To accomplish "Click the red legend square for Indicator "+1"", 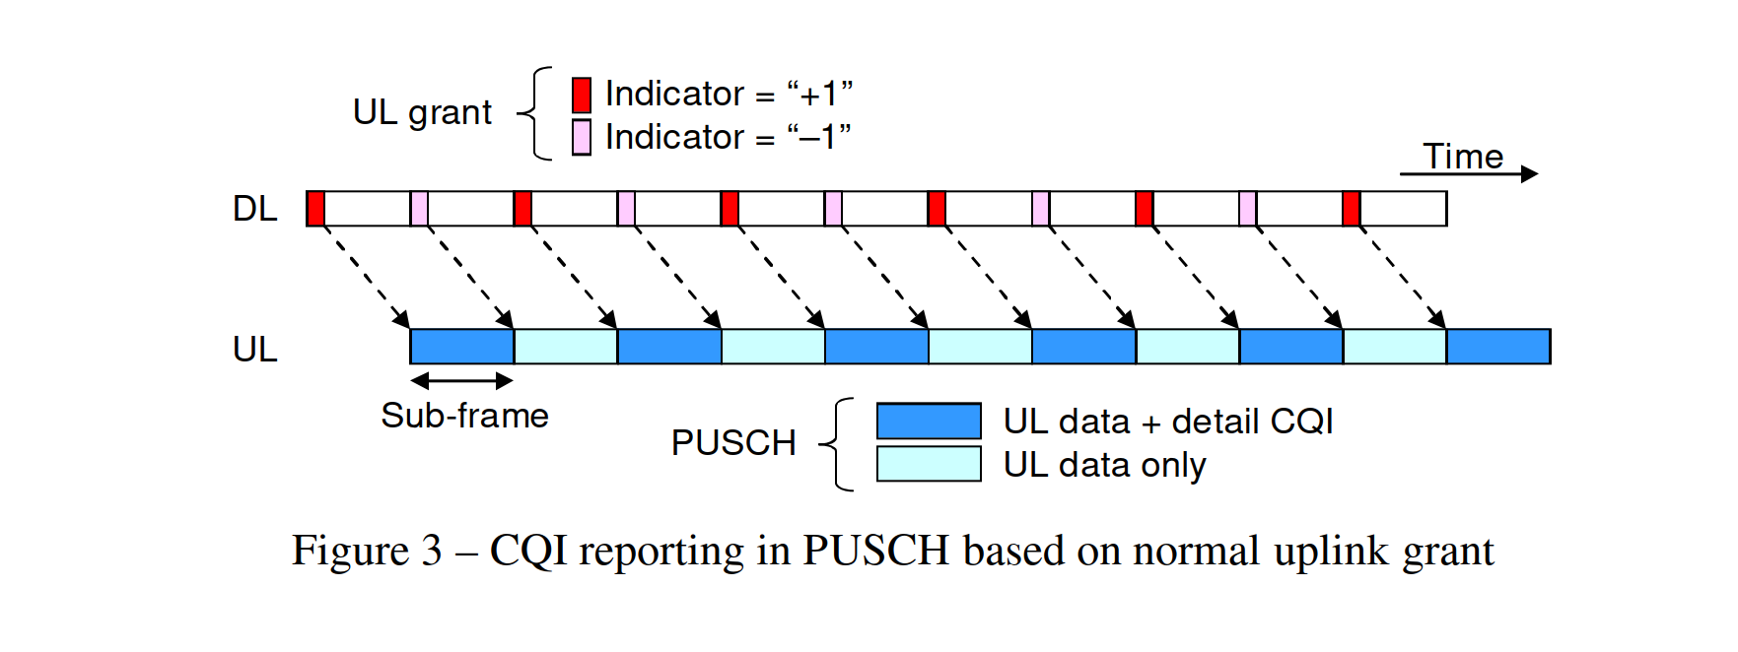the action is [x=582, y=95].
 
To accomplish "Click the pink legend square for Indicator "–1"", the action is [x=582, y=138].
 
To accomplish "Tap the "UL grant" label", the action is [x=422, y=113].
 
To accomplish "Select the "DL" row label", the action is [x=254, y=209].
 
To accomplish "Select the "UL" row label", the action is [x=254, y=350].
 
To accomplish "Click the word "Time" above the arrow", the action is [x=1463, y=156].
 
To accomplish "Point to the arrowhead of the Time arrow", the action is [x=1530, y=174].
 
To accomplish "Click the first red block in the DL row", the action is [x=315, y=209].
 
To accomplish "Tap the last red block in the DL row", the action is [x=1352, y=209].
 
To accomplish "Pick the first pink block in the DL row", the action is [x=419, y=209].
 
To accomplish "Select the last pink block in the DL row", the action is [x=1248, y=209].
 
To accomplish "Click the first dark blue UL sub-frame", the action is [x=462, y=347].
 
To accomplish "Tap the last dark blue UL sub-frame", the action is [x=1498, y=347].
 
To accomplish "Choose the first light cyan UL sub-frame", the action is [x=566, y=347].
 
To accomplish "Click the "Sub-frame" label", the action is [x=464, y=416].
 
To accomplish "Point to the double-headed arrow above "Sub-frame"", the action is [x=462, y=380].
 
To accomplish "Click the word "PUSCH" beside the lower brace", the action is [x=733, y=443].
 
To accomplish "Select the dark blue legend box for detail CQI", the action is [x=929, y=421].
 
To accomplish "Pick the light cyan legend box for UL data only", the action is [x=929, y=464].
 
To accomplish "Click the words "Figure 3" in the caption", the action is [x=367, y=551].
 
